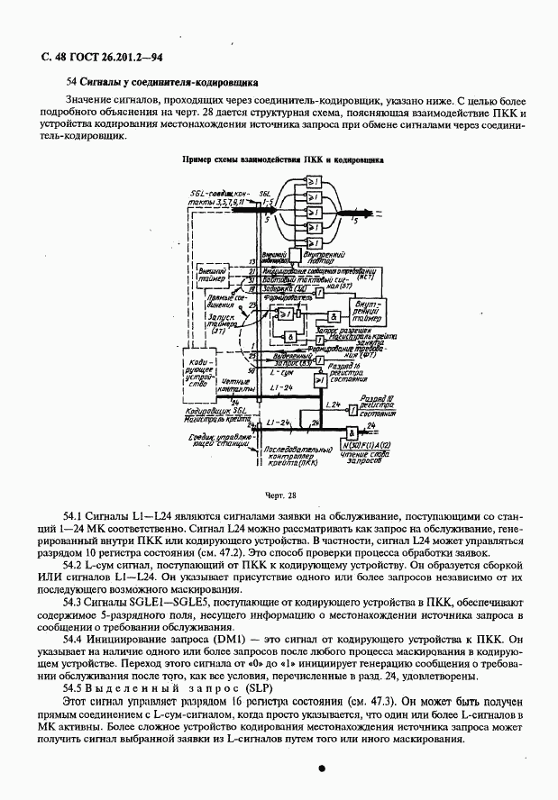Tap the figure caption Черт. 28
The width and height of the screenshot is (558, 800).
(x=279, y=495)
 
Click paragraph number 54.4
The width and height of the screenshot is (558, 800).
(x=73, y=637)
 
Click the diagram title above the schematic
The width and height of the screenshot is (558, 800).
(x=282, y=159)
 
